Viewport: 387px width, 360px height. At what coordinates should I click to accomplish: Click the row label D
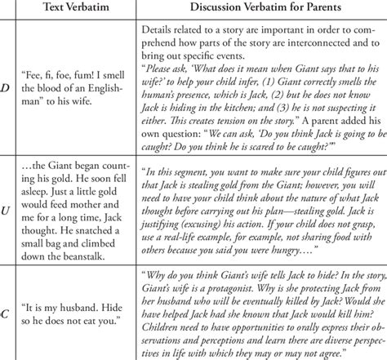point(11,94)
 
